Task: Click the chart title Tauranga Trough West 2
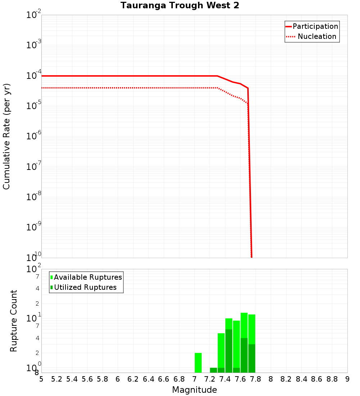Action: pyautogui.click(x=180, y=6)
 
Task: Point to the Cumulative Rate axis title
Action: pyautogui.click(x=6, y=136)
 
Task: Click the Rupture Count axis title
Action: pyautogui.click(x=14, y=321)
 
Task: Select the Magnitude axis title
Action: pyautogui.click(x=194, y=390)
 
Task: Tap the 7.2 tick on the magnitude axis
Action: pyautogui.click(x=210, y=379)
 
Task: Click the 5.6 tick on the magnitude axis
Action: pyautogui.click(x=87, y=379)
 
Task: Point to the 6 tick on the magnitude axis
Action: pyautogui.click(x=118, y=379)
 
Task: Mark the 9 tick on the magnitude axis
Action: pyautogui.click(x=347, y=379)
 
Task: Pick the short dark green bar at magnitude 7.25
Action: pyautogui.click(x=213, y=370)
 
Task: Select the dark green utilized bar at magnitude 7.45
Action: pyautogui.click(x=229, y=351)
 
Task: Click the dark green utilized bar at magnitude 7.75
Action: pyautogui.click(x=252, y=358)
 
